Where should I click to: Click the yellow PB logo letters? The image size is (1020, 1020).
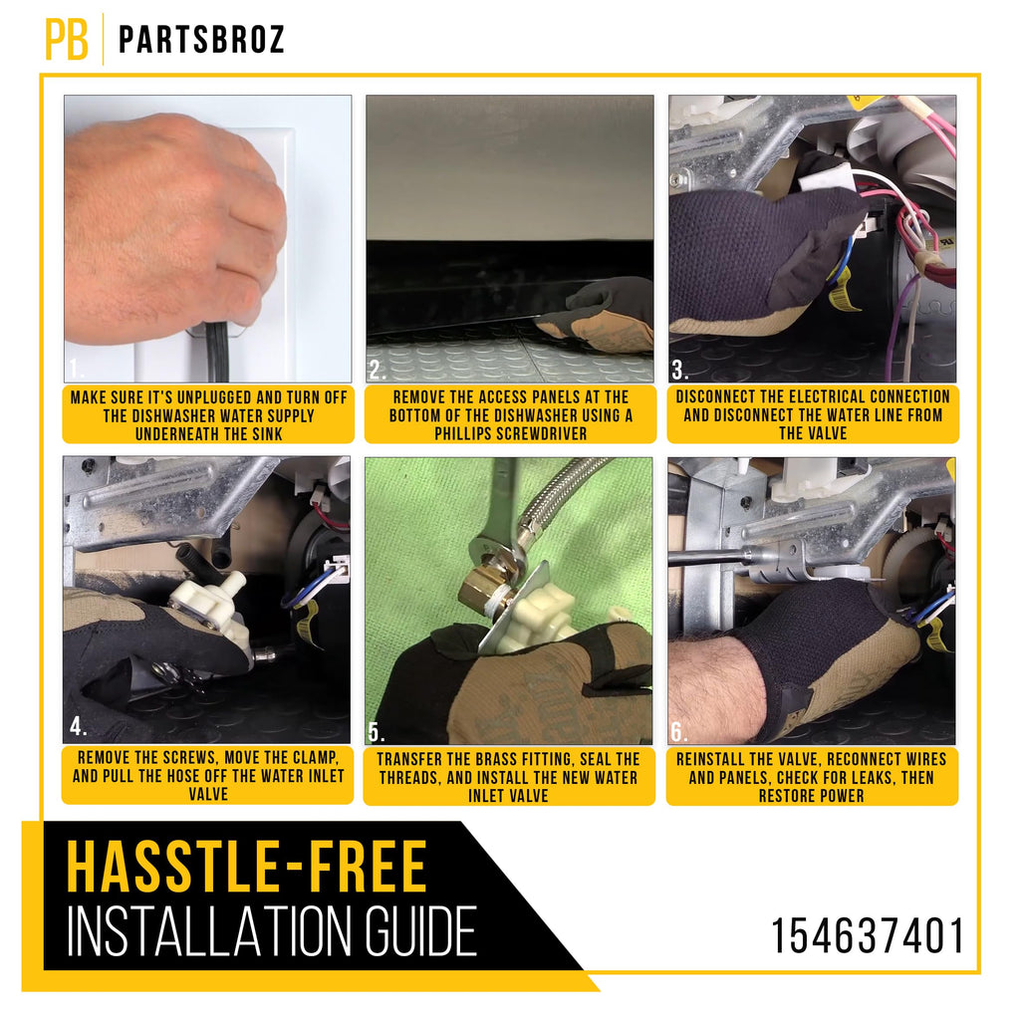(x=67, y=39)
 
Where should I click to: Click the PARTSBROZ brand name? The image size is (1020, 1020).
(x=201, y=39)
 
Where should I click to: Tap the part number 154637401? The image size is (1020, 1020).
(x=868, y=936)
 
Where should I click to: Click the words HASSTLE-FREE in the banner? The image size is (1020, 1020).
(x=247, y=868)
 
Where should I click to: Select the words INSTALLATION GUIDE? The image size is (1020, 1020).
(x=272, y=931)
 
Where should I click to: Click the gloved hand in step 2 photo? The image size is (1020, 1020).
(x=599, y=316)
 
